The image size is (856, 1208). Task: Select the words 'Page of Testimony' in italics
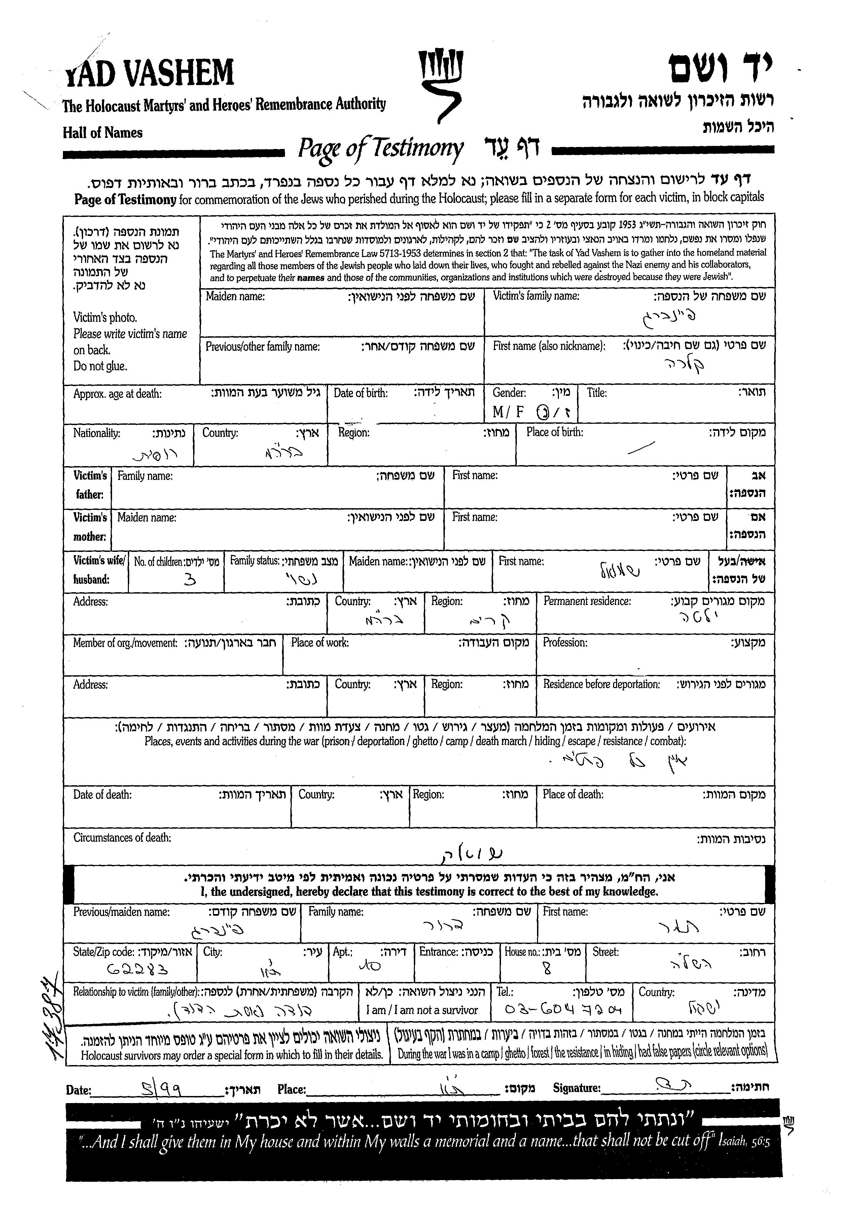click(381, 149)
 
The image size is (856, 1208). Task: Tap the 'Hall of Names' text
click(103, 132)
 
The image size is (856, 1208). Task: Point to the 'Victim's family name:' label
click(536, 296)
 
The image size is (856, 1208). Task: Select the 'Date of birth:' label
click(360, 393)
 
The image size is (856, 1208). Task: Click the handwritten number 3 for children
click(191, 579)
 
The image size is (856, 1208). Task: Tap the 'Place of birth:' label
click(555, 432)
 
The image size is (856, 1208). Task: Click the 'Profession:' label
click(565, 643)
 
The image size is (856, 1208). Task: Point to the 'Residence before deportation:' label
click(601, 684)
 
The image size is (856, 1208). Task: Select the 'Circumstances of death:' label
click(122, 838)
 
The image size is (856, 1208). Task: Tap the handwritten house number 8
click(546, 968)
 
